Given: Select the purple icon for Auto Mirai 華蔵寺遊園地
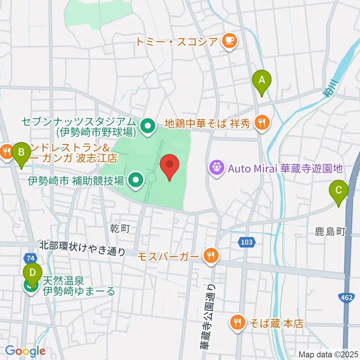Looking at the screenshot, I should [216, 166].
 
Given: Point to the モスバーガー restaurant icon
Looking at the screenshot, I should [211, 256].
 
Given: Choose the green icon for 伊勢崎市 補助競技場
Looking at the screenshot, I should [135, 180].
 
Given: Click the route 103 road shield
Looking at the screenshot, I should [246, 242].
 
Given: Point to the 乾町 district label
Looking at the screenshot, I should [119, 228].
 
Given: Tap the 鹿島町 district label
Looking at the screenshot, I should [330, 232].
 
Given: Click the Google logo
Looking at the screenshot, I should [25, 351].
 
